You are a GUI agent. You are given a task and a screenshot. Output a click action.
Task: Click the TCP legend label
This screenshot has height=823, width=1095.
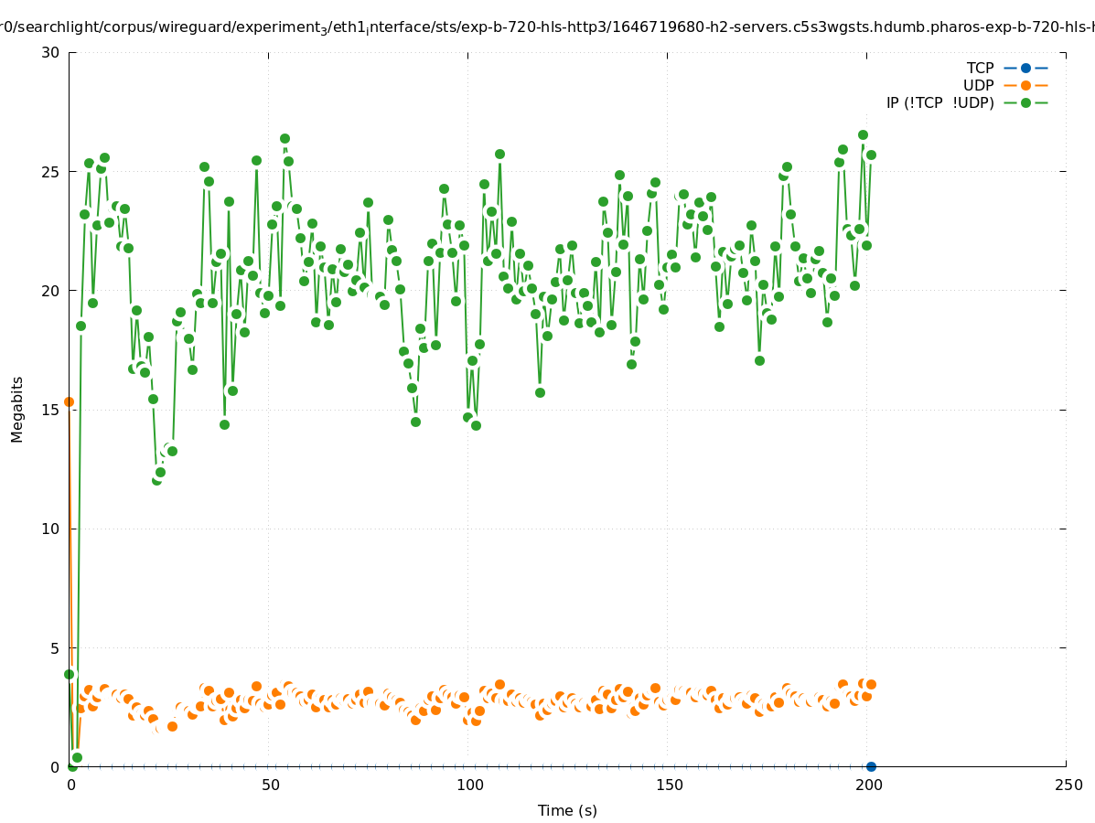pos(980,68)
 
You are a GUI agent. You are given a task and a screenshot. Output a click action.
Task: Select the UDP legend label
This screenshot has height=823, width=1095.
pos(978,85)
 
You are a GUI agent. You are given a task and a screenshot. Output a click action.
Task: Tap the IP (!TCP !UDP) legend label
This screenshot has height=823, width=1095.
pos(939,102)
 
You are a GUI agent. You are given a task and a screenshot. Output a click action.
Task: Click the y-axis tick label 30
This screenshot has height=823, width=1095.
pos(50,52)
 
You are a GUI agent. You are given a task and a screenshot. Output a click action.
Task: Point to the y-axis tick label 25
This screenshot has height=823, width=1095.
pos(50,172)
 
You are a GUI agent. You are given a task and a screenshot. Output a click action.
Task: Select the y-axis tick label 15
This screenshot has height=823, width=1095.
pos(50,410)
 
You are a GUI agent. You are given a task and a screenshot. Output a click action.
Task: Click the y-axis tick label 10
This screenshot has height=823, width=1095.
pos(50,529)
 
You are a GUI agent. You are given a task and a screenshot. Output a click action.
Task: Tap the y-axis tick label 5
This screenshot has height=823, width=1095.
pos(54,648)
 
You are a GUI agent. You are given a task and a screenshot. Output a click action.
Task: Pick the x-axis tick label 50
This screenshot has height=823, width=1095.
pos(270,785)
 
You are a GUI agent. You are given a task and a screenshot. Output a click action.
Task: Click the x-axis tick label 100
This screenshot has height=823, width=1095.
pos(469,785)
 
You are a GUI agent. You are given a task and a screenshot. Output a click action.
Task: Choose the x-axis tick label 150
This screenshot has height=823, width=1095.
pos(669,785)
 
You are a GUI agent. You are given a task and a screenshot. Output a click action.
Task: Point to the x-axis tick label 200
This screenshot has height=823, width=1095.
pos(868,785)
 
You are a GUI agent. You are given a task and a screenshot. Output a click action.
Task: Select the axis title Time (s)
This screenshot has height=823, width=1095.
pos(567,810)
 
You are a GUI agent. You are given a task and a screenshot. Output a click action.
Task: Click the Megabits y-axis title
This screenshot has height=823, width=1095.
pos(17,409)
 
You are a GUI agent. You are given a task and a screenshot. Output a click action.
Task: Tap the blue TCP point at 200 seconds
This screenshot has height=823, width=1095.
pos(871,766)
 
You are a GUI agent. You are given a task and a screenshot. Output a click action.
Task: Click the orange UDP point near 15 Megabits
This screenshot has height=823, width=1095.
pos(69,401)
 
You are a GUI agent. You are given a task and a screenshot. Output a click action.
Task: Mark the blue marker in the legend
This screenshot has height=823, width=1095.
pos(1025,68)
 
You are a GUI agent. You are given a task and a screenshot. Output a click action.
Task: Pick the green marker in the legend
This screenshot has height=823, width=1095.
pos(1025,102)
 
